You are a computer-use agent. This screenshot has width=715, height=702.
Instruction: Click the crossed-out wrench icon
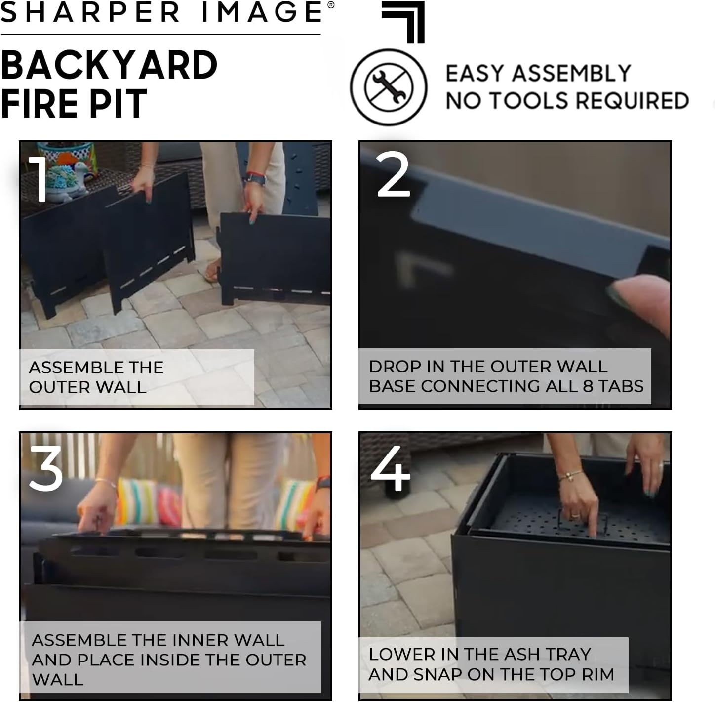point(388,87)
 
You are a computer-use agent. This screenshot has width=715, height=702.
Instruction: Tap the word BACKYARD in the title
point(109,65)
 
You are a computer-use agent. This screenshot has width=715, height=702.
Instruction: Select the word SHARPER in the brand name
point(90,12)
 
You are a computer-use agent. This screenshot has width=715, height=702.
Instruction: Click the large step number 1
point(39,179)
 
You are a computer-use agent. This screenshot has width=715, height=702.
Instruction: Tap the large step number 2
point(393,175)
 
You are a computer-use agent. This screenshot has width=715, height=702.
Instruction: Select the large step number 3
point(45,469)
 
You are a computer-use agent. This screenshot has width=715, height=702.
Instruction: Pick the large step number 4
point(391,469)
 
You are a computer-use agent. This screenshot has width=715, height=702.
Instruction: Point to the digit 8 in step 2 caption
point(588,386)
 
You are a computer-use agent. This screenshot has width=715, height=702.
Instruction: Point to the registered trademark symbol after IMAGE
point(330,5)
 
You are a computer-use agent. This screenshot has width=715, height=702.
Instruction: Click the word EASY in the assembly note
point(475,74)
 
